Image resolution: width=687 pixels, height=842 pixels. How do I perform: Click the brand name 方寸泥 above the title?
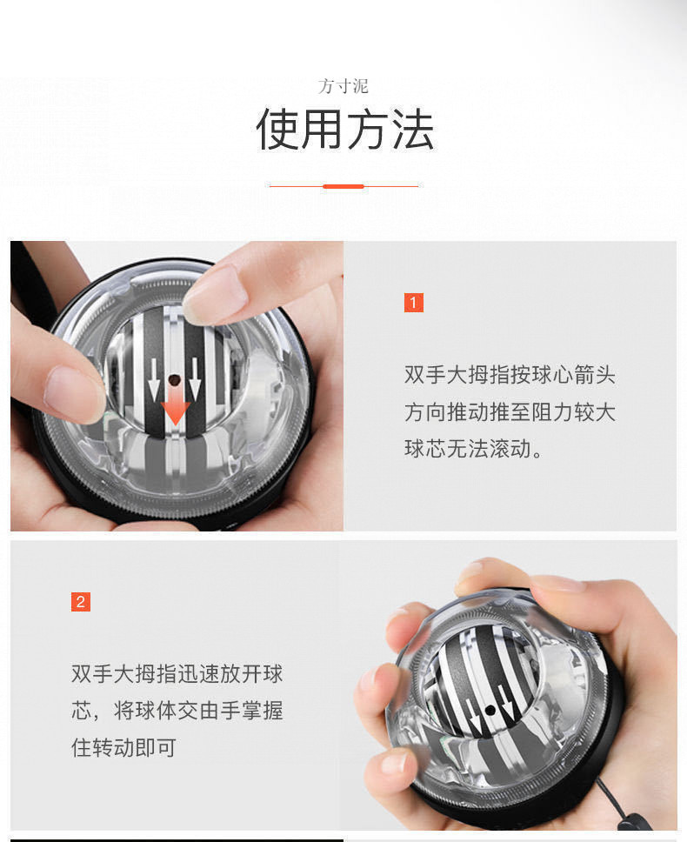point(343,86)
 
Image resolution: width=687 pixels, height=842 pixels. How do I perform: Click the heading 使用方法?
point(344,130)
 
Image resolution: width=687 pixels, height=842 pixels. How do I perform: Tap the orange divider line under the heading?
point(343,185)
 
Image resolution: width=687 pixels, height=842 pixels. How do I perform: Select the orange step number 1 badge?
point(414,303)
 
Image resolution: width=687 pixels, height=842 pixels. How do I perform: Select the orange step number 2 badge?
point(81,602)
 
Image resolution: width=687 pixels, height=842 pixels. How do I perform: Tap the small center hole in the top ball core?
point(175,380)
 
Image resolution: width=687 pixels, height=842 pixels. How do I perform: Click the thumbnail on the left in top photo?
point(74,393)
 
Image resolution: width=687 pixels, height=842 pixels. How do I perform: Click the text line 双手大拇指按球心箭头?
point(510,375)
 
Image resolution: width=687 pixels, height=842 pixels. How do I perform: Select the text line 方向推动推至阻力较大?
point(510,412)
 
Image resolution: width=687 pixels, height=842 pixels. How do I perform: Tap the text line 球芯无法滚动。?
point(474,450)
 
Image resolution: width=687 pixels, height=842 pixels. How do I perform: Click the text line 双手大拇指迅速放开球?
point(177,673)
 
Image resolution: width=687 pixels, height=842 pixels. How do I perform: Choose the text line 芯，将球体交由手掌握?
point(177,711)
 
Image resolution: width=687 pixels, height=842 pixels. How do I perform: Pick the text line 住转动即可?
point(123,747)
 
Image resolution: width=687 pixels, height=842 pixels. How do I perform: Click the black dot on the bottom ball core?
point(490,710)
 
